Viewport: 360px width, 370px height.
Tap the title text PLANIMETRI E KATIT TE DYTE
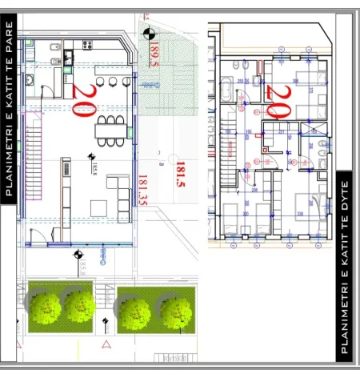[346, 263]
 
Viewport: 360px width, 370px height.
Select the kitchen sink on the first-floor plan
[30, 80]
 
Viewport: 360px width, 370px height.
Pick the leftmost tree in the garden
[46, 305]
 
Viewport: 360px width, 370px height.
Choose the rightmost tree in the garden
[177, 313]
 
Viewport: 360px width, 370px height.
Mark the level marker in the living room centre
[91, 158]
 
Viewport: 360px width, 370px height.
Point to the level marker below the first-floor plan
[78, 255]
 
